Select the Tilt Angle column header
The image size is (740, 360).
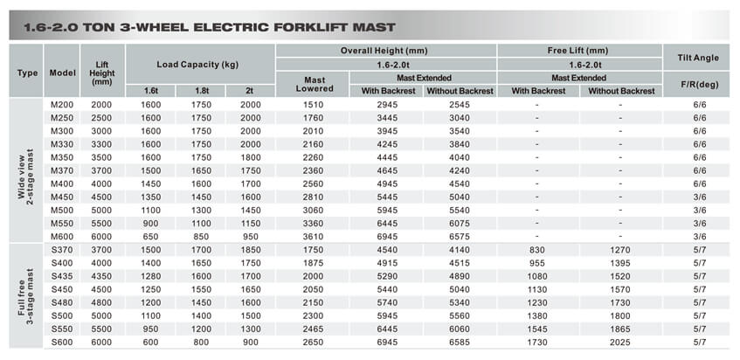698,58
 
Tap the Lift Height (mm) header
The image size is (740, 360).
102,73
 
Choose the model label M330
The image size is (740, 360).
62,144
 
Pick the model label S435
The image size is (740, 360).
62,276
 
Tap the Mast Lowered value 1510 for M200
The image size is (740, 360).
314,105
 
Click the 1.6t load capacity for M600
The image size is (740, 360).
150,237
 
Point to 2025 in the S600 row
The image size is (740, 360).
620,343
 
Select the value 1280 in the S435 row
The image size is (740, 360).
150,276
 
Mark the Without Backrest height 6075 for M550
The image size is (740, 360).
460,224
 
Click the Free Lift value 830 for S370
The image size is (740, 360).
536,250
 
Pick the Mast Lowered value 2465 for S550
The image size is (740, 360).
314,329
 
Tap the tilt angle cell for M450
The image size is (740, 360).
700,197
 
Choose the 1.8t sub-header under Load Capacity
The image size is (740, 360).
201,91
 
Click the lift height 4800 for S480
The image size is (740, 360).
102,303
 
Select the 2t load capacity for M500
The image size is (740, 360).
250,211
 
